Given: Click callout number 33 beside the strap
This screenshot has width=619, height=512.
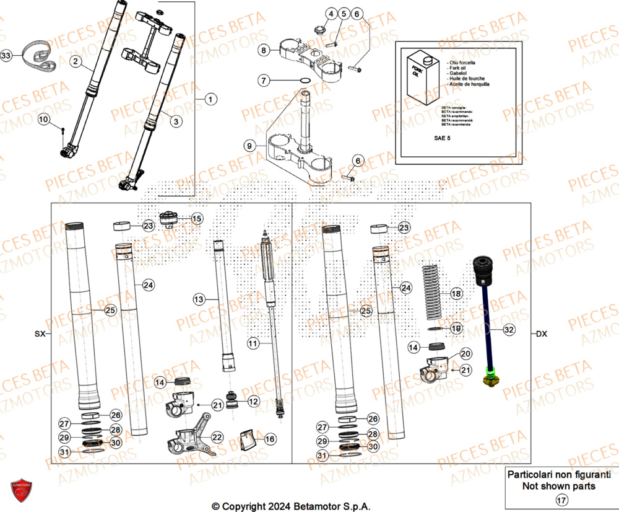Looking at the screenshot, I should pos(6,56).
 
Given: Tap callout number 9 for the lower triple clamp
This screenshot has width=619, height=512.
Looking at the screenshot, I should pos(249,146).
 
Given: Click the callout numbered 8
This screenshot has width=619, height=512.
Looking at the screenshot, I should pos(264,50).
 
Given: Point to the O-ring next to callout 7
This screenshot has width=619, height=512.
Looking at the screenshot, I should pos(305,80).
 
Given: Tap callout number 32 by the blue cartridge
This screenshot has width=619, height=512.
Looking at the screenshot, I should pos(509,330).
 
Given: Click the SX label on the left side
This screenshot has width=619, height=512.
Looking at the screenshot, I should pos(40,333).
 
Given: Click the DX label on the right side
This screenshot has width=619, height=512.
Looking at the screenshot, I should pos(541,333).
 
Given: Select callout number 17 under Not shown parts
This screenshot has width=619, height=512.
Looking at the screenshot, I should pos(561,500).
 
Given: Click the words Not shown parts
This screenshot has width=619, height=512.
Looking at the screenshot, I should pos(559,486).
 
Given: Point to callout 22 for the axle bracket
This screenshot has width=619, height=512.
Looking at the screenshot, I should pos(217,437).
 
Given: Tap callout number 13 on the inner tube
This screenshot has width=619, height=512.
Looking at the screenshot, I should pos(198,299).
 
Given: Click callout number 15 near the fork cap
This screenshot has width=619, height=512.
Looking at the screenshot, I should pos(196,219).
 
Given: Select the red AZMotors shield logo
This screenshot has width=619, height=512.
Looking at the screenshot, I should pos(20,490).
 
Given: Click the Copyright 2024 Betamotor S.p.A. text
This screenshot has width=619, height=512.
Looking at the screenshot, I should pos(291,506).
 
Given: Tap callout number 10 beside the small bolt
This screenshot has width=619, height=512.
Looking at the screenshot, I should pos(43,119).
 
